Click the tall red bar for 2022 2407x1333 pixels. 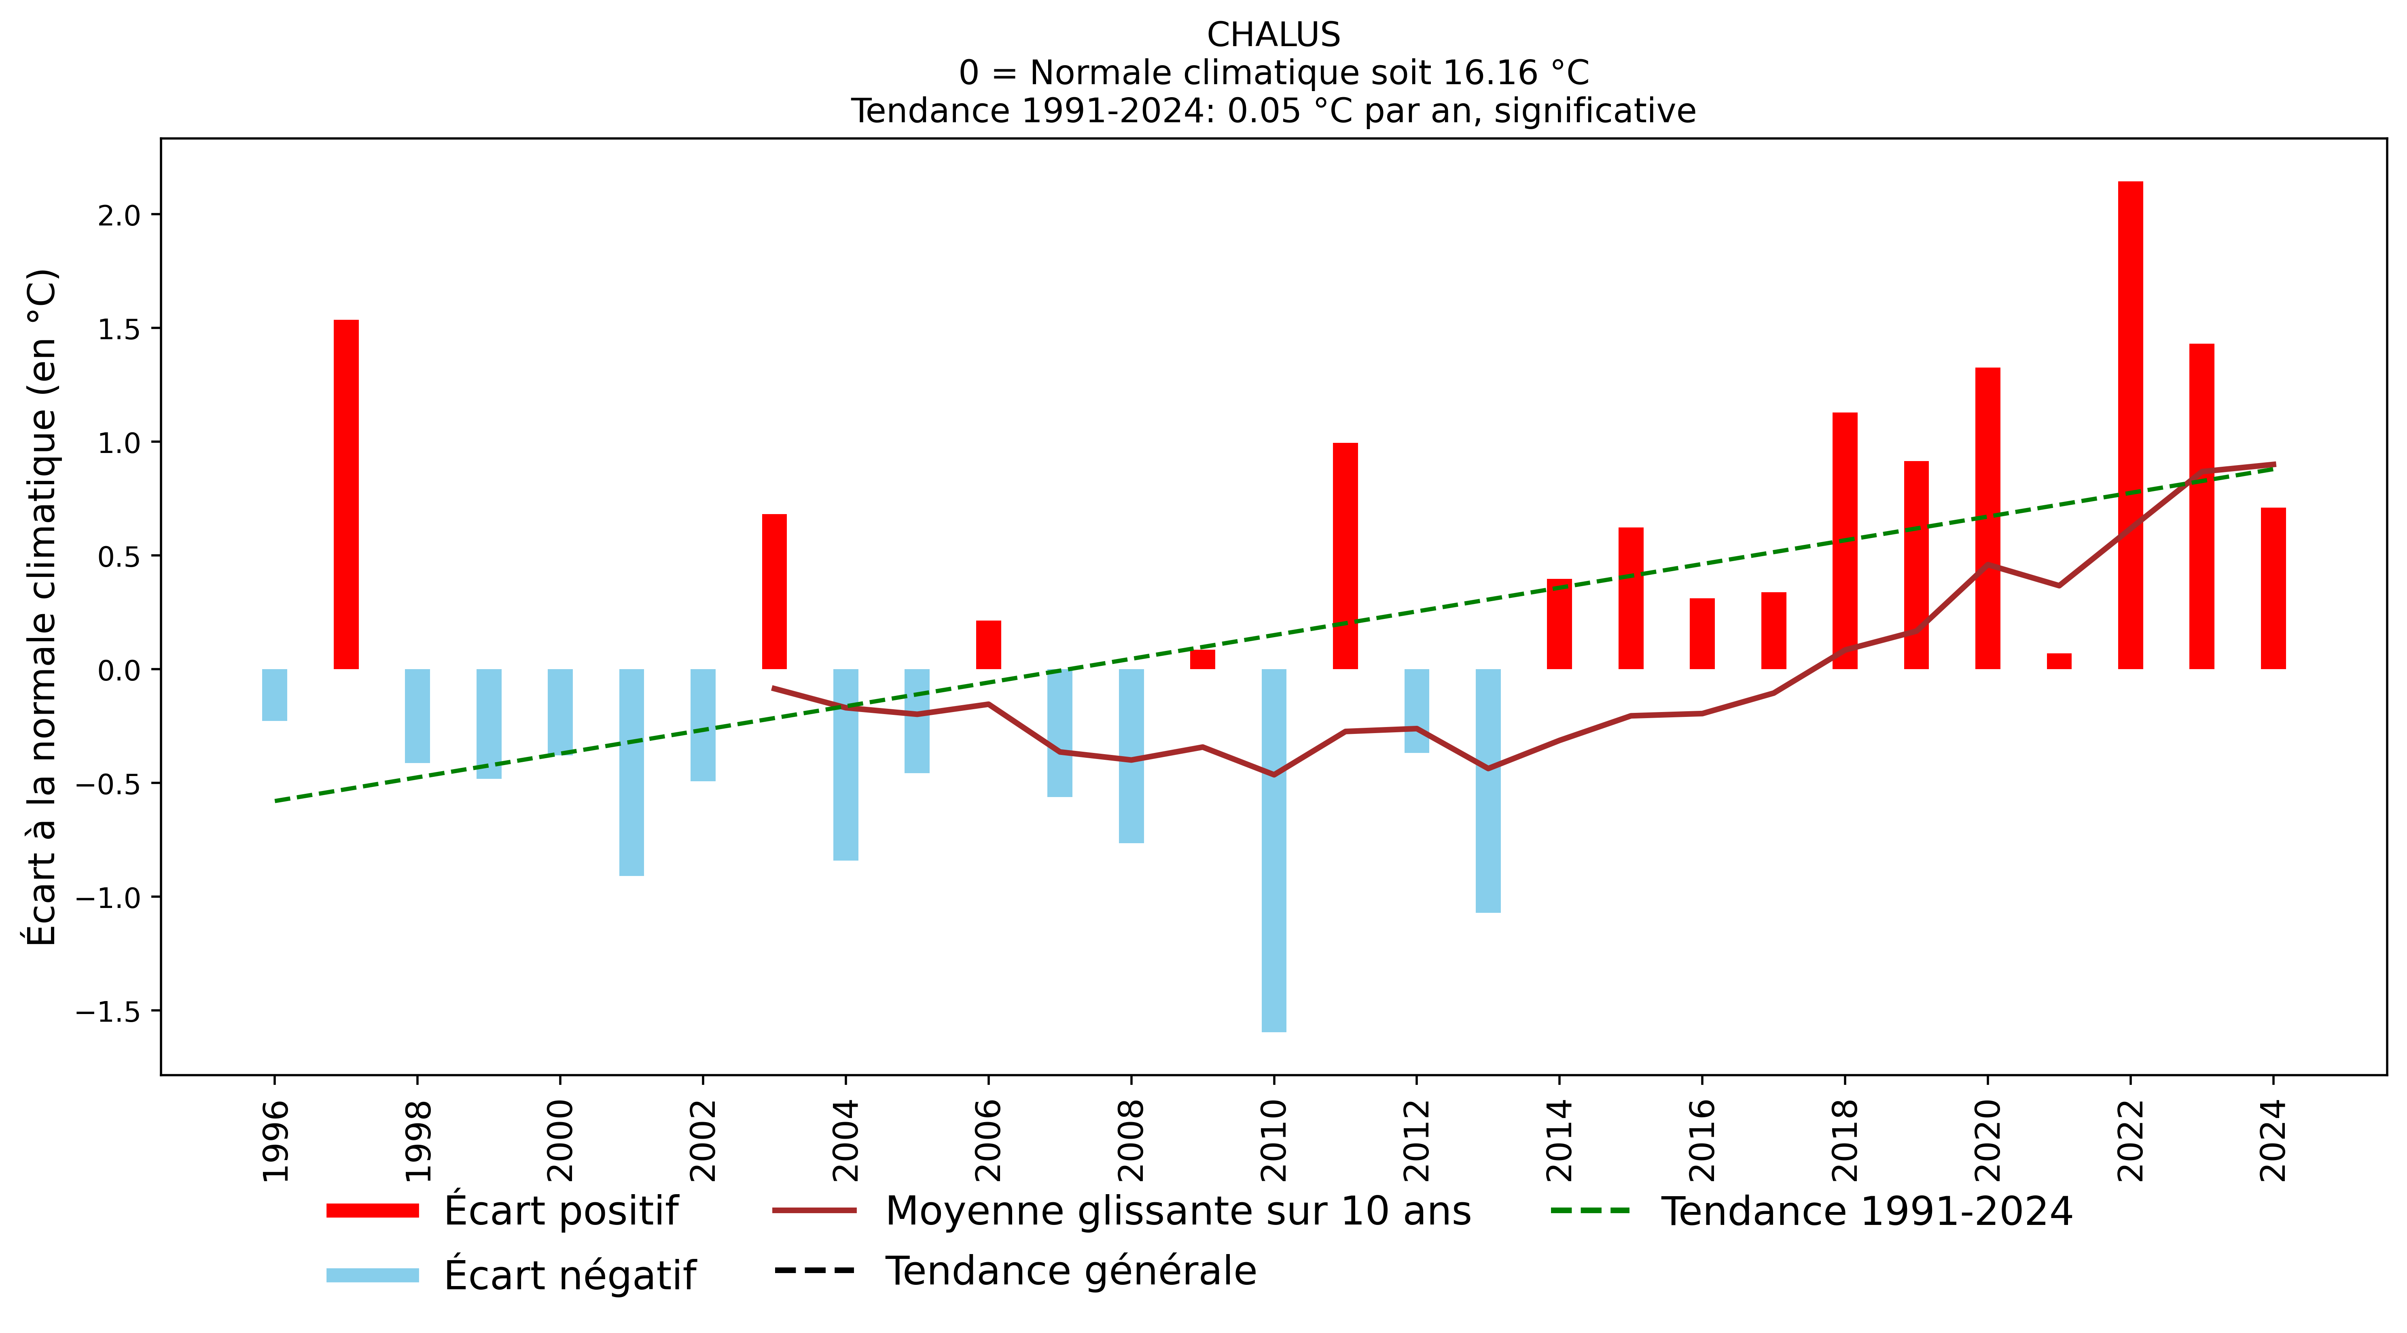(x=2130, y=425)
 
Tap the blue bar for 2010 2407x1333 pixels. (x=1273, y=850)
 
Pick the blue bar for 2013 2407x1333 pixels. (x=1487, y=791)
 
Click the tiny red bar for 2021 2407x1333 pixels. (x=2060, y=661)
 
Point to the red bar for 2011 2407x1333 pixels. (x=1345, y=556)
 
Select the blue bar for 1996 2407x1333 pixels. (x=275, y=695)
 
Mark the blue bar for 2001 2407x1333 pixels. (x=631, y=772)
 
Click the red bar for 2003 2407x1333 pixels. (x=775, y=592)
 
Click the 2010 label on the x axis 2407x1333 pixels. (x=1273, y=1140)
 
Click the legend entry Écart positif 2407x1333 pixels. (x=561, y=1212)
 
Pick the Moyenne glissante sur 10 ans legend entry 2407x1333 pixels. (x=1177, y=1212)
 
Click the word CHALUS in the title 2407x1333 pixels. (x=1273, y=36)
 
